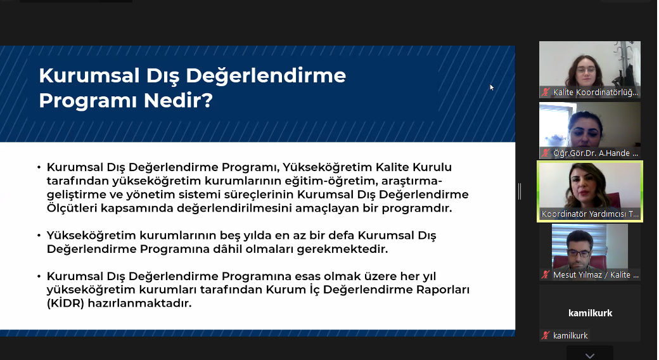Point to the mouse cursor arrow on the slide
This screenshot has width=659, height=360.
(492, 87)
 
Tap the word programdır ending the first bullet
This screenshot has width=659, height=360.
(419, 208)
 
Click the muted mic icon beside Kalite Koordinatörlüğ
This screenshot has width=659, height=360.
(546, 93)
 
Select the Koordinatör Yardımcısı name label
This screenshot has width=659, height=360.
(590, 214)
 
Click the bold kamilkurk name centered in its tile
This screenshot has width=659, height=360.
(590, 313)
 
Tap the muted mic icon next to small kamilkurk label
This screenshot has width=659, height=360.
(546, 336)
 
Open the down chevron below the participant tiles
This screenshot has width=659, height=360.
(590, 355)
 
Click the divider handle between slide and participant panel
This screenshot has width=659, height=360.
(520, 191)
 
